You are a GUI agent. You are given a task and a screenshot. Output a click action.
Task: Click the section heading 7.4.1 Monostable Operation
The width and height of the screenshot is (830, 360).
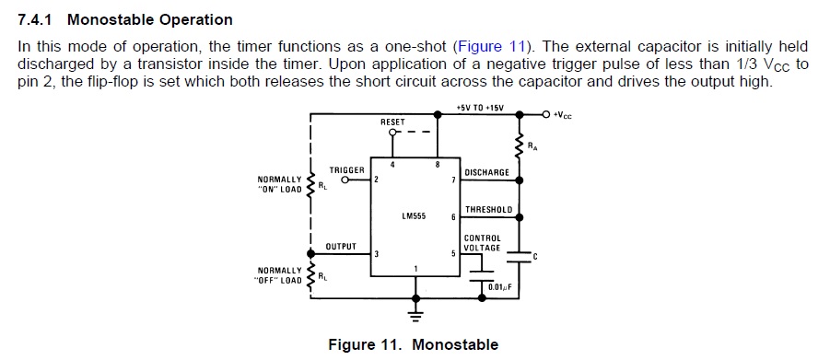point(125,19)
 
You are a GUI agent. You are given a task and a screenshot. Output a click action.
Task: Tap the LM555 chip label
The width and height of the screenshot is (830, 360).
point(413,216)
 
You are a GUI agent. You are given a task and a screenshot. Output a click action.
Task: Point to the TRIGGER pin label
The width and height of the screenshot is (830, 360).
point(346,170)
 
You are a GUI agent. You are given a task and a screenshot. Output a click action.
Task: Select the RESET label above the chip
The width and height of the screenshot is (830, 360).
point(392,122)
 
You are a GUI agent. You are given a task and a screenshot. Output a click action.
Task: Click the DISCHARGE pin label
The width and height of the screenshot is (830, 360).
point(487,172)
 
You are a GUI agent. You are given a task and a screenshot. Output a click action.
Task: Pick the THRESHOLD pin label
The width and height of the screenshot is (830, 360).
point(488,210)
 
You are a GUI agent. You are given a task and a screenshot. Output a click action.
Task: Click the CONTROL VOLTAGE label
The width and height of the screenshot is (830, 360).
point(483,243)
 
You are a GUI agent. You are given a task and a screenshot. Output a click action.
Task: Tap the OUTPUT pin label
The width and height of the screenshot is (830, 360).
point(341,247)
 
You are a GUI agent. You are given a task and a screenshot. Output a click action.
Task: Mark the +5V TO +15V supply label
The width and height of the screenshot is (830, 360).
point(480,107)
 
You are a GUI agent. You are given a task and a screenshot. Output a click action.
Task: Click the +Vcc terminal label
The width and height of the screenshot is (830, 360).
point(561,115)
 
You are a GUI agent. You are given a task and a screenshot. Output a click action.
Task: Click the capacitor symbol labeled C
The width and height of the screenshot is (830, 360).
point(520,259)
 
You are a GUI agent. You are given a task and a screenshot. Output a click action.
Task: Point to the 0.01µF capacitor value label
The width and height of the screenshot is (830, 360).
point(499,287)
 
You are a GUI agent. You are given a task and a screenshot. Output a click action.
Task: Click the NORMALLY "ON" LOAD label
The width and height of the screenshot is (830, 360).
point(280,184)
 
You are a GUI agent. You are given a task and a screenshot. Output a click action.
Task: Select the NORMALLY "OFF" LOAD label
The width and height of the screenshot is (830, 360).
point(279,275)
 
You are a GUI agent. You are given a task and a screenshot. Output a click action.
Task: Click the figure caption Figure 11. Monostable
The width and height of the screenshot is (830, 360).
point(413,344)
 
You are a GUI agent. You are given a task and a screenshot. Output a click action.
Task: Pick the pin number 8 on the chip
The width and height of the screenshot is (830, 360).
point(436,165)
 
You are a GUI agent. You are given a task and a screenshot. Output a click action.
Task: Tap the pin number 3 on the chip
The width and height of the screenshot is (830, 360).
point(376,254)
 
